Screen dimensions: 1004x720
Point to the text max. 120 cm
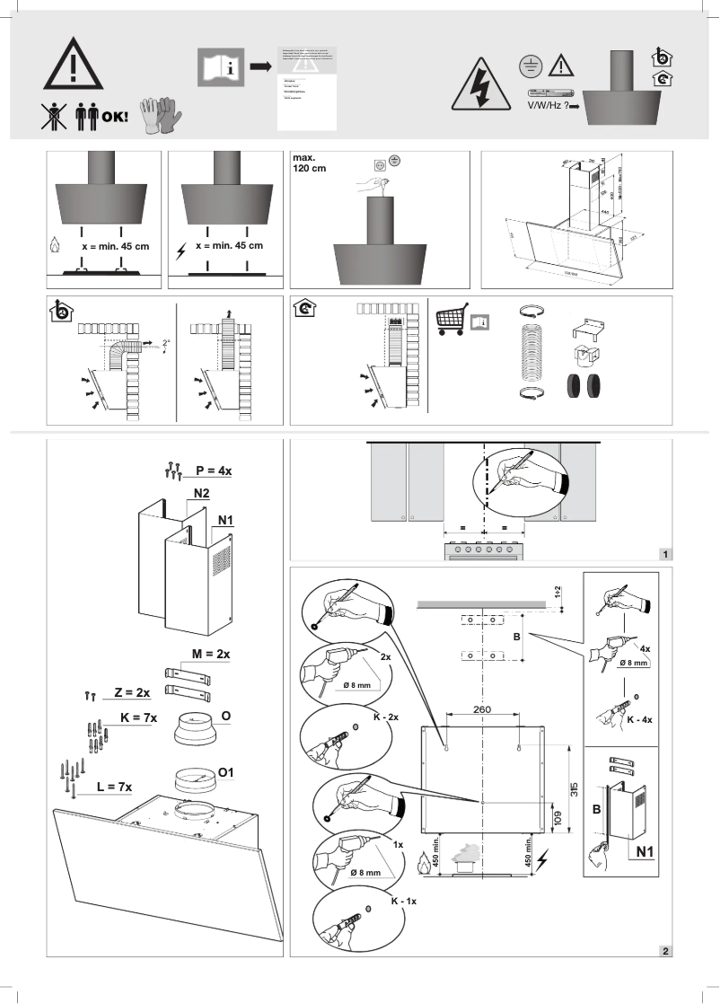tap(310, 164)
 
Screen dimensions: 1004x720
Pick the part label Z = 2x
tap(131, 693)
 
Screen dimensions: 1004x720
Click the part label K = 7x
tap(137, 718)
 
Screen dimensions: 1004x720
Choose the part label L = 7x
tap(114, 787)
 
